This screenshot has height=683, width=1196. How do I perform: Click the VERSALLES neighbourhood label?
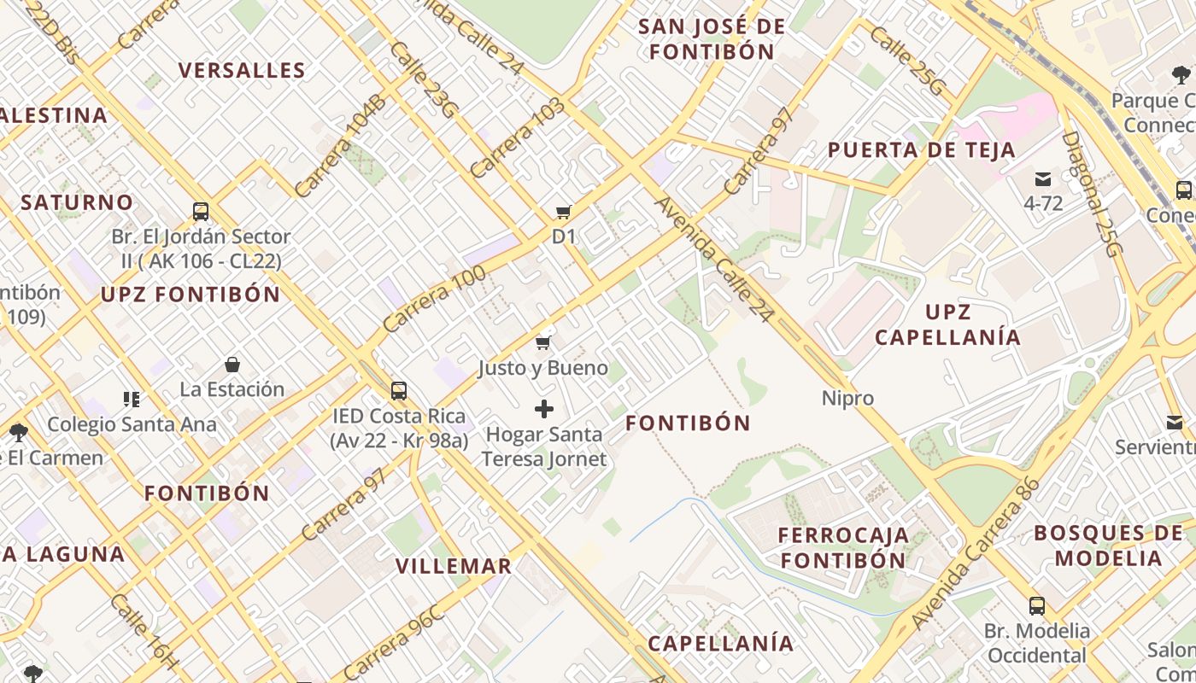[x=242, y=70]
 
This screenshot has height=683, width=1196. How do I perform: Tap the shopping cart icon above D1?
[x=563, y=212]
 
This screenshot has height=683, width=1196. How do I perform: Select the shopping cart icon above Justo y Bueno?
[x=542, y=342]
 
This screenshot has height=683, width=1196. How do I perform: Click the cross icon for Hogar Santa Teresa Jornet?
[x=544, y=409]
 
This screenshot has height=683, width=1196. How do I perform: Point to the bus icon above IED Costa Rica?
[x=398, y=391]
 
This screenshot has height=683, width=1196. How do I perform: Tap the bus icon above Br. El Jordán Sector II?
[x=201, y=211]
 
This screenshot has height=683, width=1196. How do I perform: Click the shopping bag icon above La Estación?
[x=232, y=365]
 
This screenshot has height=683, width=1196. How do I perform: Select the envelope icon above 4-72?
[x=1042, y=179]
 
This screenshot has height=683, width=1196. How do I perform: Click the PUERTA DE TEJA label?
[x=922, y=150]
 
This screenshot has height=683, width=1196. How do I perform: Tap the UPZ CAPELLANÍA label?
[x=948, y=324]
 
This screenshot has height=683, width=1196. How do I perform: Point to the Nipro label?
[x=847, y=398]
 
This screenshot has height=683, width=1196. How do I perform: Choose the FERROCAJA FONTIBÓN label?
[x=842, y=548]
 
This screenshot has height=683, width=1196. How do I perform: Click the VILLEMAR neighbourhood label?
[x=454, y=565]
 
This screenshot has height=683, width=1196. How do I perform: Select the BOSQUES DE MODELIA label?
[x=1109, y=546]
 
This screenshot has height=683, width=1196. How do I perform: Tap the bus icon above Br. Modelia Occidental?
[x=1037, y=606]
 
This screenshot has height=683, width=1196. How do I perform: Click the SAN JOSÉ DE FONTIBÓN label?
[x=711, y=39]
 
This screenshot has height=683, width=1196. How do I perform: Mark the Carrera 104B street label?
[x=340, y=146]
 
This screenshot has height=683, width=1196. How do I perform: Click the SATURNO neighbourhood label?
[x=77, y=202]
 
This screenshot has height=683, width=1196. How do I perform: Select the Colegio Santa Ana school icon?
[x=131, y=399]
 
